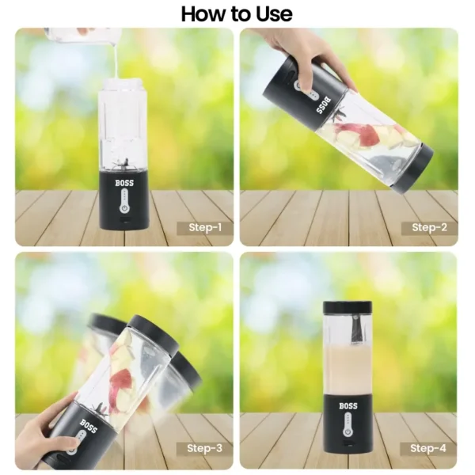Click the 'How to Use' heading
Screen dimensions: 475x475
(237, 14)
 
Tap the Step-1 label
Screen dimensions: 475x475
(205, 227)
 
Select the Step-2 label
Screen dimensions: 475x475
(429, 227)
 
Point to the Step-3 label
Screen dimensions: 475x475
(204, 448)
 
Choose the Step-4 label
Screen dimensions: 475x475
(428, 448)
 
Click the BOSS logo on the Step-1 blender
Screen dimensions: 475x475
(124, 183)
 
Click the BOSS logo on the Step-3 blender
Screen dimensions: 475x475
(89, 426)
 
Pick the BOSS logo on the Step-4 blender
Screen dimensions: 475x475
(348, 406)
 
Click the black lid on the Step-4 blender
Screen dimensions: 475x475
(348, 307)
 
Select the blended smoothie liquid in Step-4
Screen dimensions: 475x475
(348, 370)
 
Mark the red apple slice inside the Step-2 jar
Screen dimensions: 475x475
(359, 133)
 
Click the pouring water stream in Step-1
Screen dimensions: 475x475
(116, 62)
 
